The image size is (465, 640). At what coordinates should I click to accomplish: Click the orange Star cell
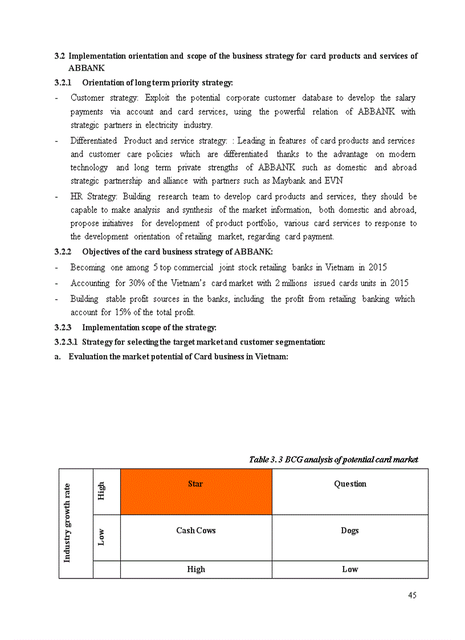click(x=195, y=491)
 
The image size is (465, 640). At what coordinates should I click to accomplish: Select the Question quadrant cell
click(x=350, y=491)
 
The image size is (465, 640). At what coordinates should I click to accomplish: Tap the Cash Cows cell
click(x=195, y=537)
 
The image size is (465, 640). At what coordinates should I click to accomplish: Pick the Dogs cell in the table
click(x=350, y=537)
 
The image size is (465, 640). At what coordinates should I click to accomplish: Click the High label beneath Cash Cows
click(x=196, y=569)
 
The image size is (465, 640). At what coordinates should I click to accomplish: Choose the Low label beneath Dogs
click(x=350, y=569)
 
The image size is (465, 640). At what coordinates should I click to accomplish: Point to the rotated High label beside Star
click(x=101, y=491)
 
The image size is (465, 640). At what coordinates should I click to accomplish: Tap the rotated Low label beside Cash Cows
click(x=101, y=537)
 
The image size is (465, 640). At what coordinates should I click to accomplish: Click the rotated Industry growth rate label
click(x=67, y=523)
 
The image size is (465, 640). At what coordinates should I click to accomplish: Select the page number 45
click(x=412, y=595)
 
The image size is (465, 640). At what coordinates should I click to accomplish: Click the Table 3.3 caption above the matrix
click(x=333, y=459)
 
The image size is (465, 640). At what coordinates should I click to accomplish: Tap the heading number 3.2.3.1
click(x=66, y=342)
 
